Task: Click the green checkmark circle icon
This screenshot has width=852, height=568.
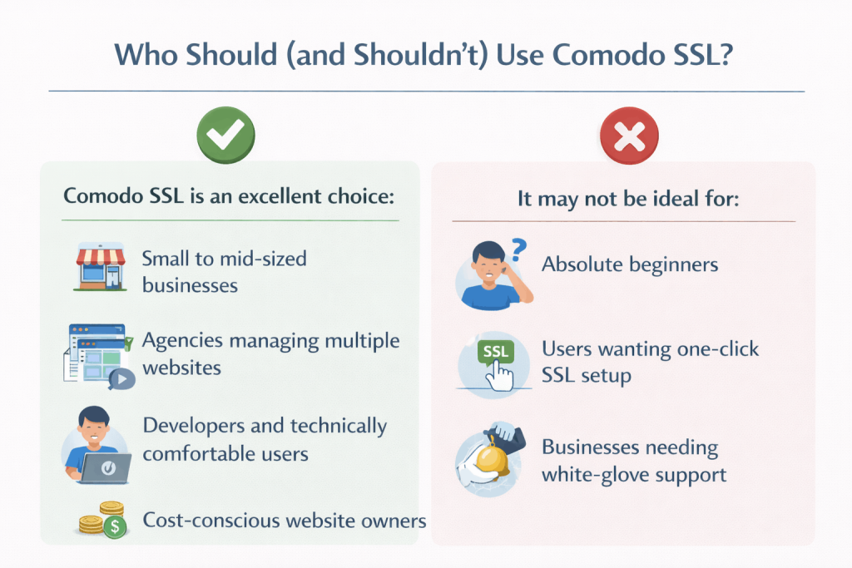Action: click(225, 133)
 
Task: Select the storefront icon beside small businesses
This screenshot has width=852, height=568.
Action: click(100, 267)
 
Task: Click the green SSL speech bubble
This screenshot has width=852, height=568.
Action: click(496, 351)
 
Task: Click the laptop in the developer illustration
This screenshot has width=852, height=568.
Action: click(105, 467)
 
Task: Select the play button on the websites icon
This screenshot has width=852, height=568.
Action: click(122, 379)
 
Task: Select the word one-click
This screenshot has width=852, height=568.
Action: click(716, 348)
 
